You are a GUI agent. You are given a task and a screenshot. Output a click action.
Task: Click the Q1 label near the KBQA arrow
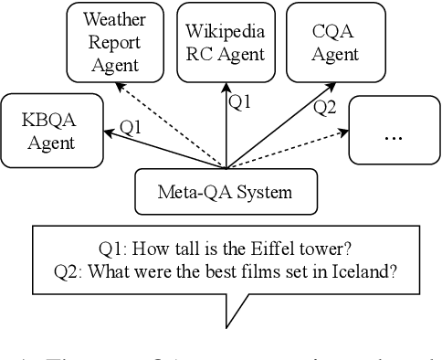pos(132,127)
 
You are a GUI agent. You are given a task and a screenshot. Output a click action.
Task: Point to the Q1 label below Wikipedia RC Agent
pos(239,103)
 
